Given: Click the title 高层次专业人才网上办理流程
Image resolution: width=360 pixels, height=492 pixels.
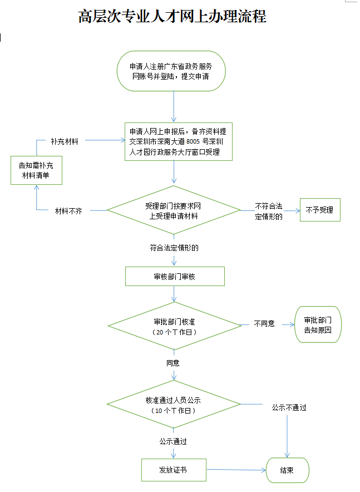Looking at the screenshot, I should (x=172, y=17).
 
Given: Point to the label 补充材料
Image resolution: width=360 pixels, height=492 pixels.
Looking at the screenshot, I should (x=64, y=141).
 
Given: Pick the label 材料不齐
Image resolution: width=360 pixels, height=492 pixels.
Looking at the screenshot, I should (x=68, y=211).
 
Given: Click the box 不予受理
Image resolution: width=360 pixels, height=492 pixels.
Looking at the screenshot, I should (x=319, y=210).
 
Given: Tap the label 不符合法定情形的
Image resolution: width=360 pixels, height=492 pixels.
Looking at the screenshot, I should (x=269, y=211).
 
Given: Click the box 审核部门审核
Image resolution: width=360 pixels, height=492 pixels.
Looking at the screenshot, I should (x=175, y=276).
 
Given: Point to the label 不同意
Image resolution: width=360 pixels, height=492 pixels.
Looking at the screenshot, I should (x=264, y=323).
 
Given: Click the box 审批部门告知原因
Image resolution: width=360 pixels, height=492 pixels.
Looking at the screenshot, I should (x=318, y=325).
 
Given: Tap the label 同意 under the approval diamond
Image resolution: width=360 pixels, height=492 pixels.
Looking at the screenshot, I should (x=172, y=363).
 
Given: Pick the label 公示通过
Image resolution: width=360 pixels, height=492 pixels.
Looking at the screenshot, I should (x=172, y=441).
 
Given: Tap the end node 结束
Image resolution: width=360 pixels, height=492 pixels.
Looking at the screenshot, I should (x=287, y=470).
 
